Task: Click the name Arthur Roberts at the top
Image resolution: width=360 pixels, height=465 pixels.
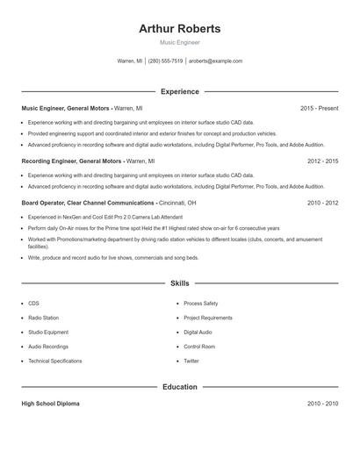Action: click(180, 29)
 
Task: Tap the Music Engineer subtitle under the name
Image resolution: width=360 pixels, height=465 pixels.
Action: click(180, 42)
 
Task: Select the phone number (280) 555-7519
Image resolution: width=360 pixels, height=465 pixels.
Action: click(165, 61)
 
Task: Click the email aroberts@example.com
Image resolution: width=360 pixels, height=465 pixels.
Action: click(215, 61)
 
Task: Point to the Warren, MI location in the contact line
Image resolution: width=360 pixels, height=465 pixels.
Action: click(130, 61)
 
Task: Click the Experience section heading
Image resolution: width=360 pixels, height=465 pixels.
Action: click(180, 91)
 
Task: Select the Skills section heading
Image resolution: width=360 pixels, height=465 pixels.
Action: click(180, 284)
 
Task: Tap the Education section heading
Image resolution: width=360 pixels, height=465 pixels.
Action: click(180, 387)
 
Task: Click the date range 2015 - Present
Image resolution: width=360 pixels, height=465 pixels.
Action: click(319, 108)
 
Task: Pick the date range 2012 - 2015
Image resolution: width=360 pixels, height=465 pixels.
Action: click(322, 161)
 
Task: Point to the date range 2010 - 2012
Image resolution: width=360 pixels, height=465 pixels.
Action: click(322, 203)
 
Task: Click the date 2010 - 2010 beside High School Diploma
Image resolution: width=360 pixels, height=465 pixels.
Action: click(322, 404)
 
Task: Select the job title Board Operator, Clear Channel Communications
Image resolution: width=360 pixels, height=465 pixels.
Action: click(89, 203)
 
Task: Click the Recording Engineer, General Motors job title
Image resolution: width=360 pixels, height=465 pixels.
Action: click(72, 161)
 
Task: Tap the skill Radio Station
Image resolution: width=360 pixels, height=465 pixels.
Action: click(44, 318)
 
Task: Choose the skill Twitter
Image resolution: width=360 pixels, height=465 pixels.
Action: click(191, 361)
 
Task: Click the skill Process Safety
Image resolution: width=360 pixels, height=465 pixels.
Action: click(201, 304)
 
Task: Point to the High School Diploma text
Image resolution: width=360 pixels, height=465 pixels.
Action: click(50, 404)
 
